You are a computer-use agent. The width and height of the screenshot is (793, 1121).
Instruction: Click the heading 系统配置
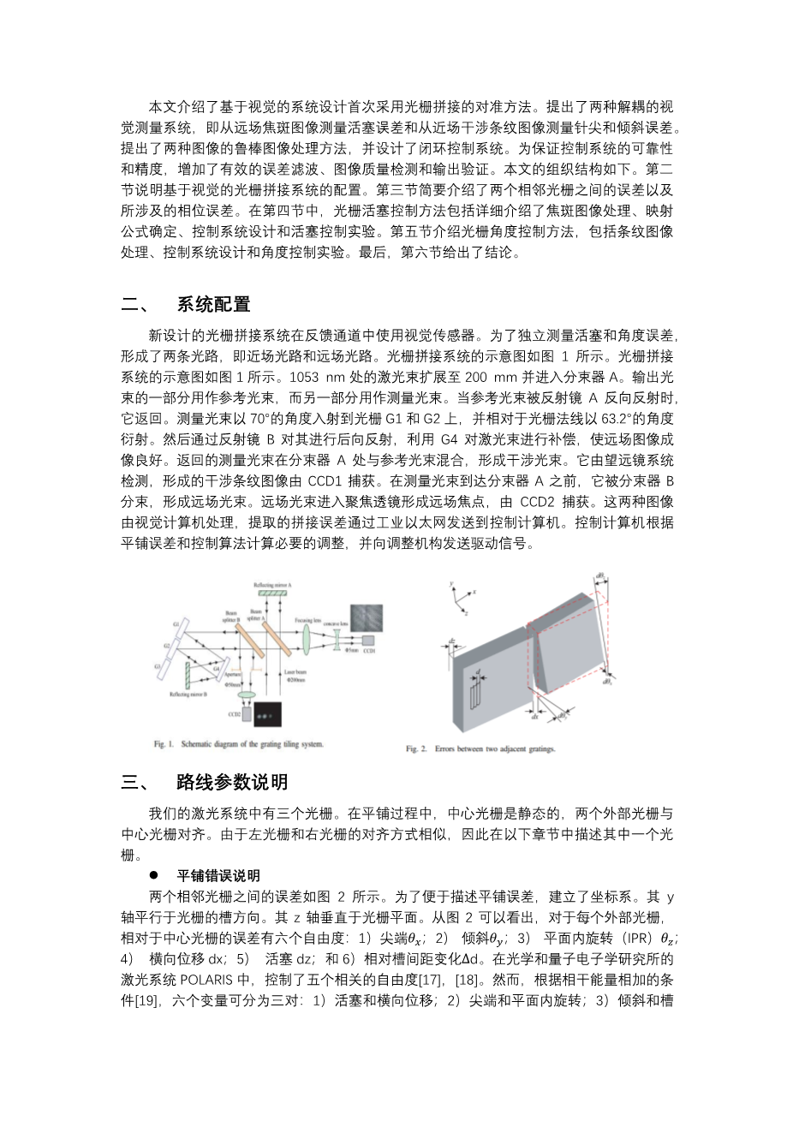pyautogui.click(x=213, y=304)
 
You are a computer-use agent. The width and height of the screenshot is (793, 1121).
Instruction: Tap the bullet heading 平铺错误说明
pyautogui.click(x=218, y=875)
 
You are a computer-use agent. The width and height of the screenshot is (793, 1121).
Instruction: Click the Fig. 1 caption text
pyautogui.click(x=245, y=744)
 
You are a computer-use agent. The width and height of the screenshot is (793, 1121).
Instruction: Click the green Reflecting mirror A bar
pyautogui.click(x=274, y=593)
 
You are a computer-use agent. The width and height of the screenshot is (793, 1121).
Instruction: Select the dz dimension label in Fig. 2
pyautogui.click(x=451, y=640)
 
